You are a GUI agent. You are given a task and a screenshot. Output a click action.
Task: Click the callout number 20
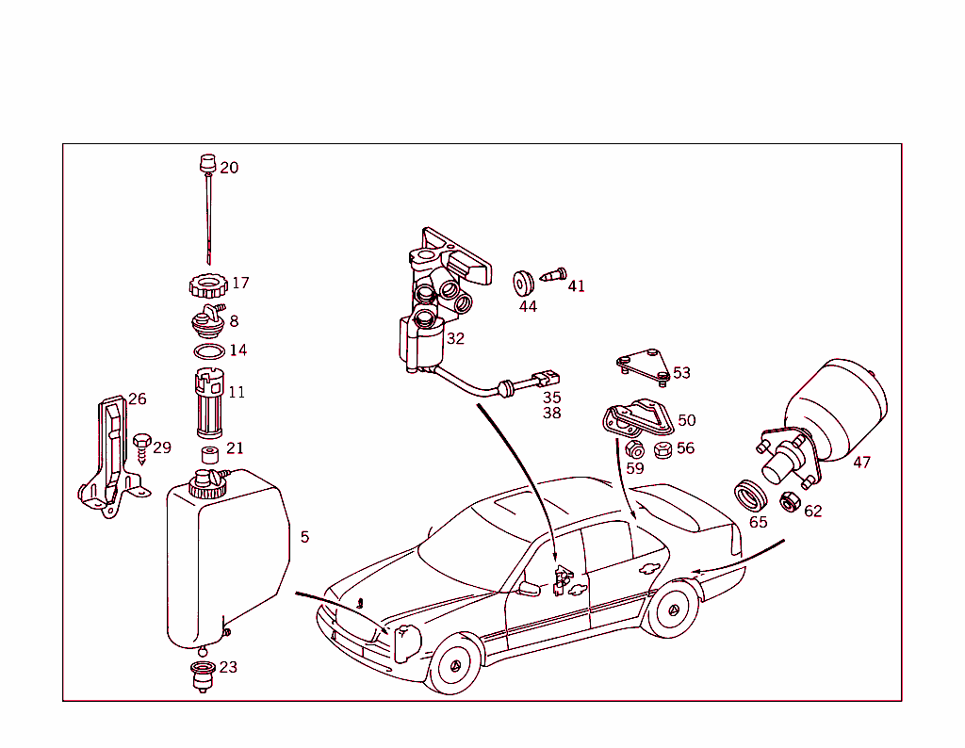tap(229, 169)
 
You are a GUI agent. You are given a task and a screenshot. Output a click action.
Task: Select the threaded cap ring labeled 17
tap(207, 284)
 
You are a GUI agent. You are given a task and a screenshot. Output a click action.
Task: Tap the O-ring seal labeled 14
tap(209, 351)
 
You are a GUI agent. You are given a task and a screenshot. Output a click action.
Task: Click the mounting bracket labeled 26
tap(111, 452)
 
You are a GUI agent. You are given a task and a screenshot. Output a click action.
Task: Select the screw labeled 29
tap(142, 448)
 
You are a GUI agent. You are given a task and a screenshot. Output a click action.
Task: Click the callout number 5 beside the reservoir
tap(304, 537)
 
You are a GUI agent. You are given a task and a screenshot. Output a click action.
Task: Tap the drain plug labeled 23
tap(202, 675)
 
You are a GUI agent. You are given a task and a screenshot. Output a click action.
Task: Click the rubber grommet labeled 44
tap(524, 283)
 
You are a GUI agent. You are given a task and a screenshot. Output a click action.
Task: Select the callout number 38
tap(551, 413)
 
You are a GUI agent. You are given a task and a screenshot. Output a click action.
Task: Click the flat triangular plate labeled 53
tap(643, 367)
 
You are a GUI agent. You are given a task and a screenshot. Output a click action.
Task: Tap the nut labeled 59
tap(634, 449)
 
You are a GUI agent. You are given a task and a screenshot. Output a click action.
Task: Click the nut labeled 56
tap(662, 448)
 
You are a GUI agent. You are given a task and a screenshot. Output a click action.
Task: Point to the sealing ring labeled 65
tap(751, 495)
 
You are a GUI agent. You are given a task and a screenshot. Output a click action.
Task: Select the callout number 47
tap(861, 463)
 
